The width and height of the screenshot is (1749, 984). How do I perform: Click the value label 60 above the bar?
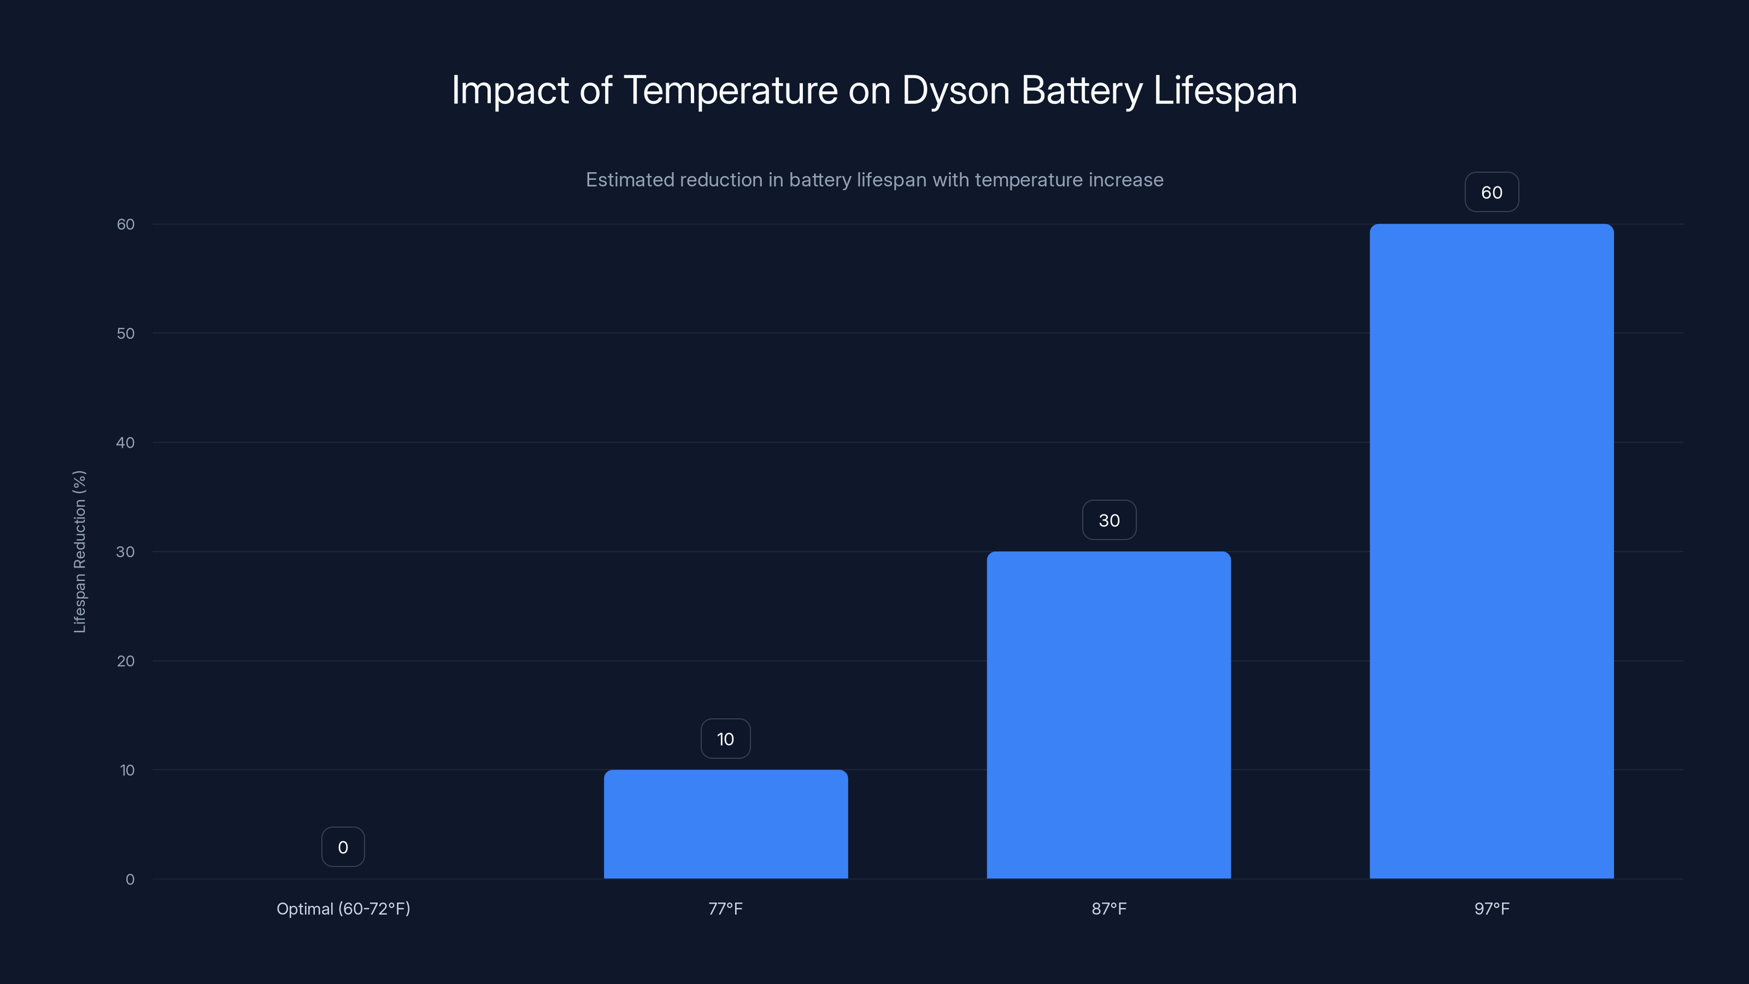coord(1492,193)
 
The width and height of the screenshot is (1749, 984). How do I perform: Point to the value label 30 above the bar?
coord(1109,520)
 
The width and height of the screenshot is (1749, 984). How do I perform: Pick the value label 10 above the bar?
coord(725,739)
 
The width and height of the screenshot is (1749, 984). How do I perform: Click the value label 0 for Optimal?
coord(343,847)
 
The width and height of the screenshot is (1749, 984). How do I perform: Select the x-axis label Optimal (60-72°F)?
coord(343,909)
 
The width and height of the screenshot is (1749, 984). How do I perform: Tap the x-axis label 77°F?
coord(725,909)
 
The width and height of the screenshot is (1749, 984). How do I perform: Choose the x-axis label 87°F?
coord(1109,909)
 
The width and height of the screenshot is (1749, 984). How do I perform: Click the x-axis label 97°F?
coord(1492,909)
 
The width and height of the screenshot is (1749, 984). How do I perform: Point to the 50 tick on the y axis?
coord(126,333)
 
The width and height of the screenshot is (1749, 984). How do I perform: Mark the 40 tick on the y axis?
coord(126,443)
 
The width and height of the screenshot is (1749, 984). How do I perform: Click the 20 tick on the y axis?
coord(126,661)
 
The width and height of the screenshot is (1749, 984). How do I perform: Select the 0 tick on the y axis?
coord(130,880)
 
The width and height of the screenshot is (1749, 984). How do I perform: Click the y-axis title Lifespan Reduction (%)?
coord(79,552)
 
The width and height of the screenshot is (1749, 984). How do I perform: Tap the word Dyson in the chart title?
coord(955,90)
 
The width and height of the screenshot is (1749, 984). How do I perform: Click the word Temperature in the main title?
coord(730,90)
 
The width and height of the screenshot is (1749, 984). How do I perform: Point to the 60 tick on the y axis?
coord(126,224)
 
